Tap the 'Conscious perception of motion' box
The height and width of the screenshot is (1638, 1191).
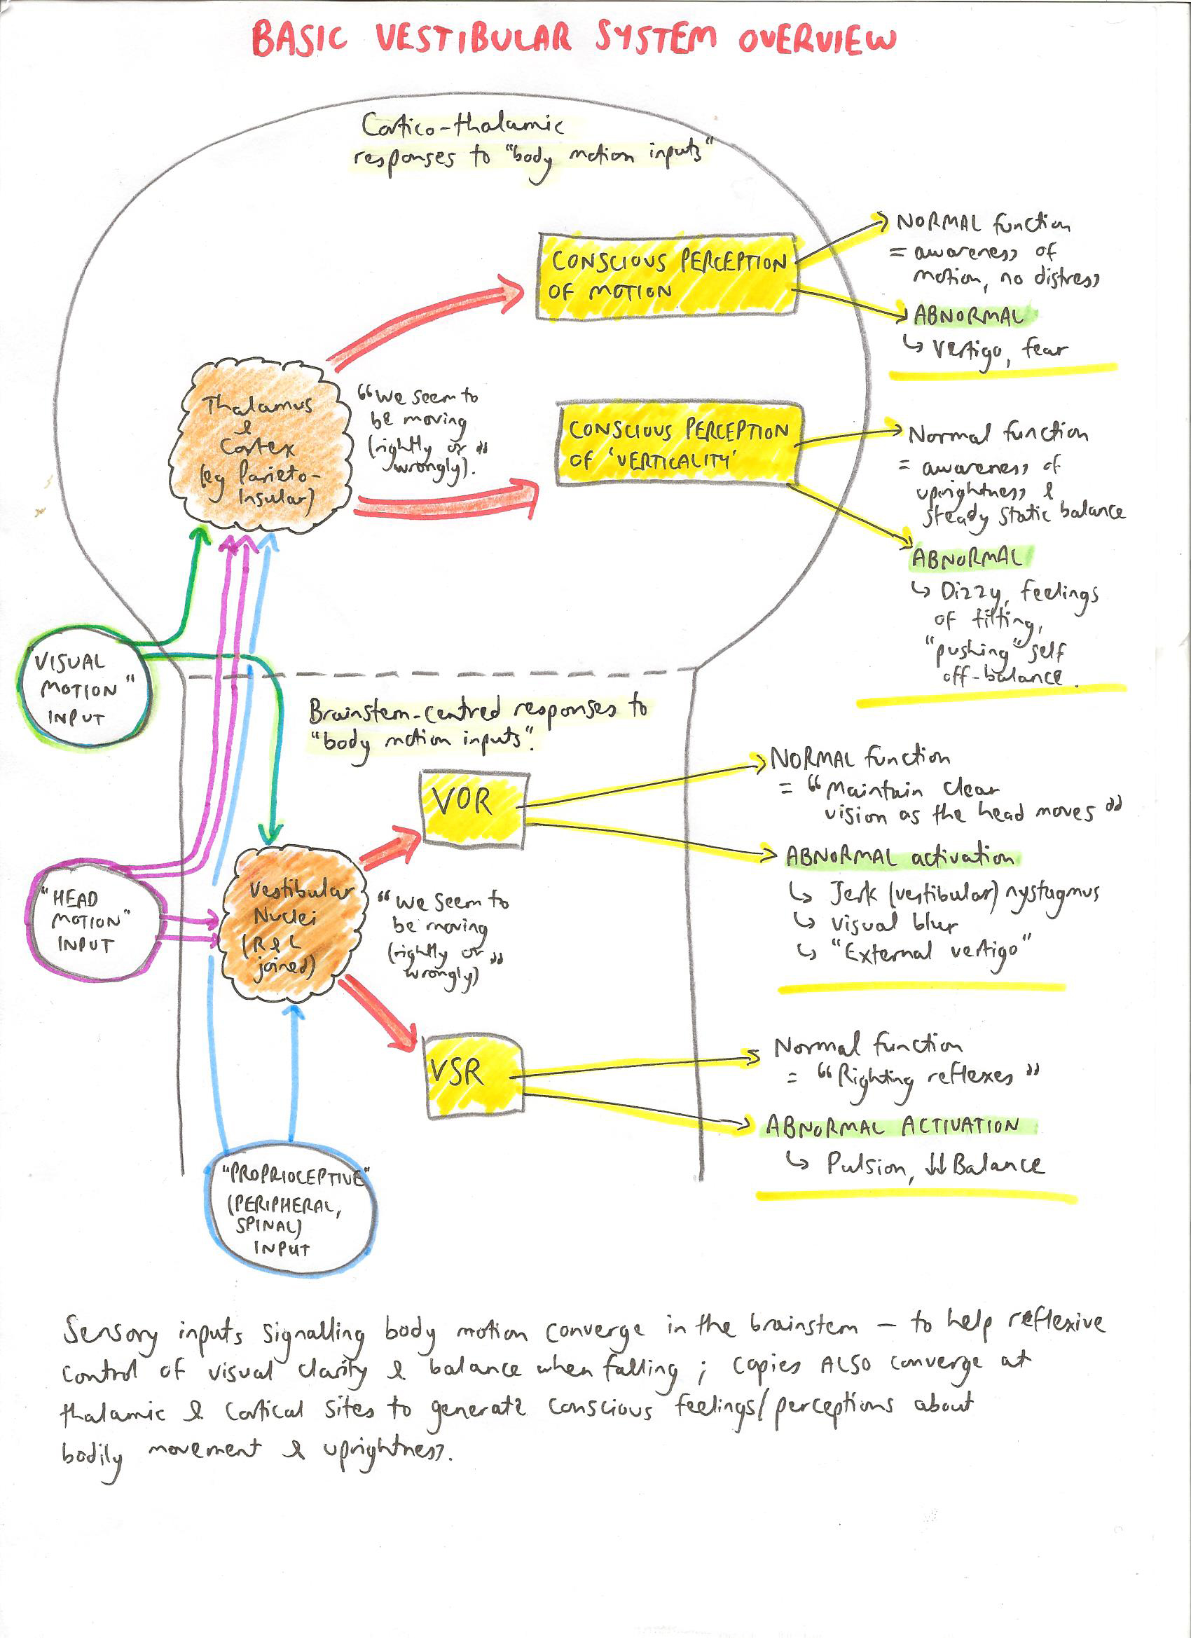(x=666, y=276)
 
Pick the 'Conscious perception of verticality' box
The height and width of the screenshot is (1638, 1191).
(x=677, y=443)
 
